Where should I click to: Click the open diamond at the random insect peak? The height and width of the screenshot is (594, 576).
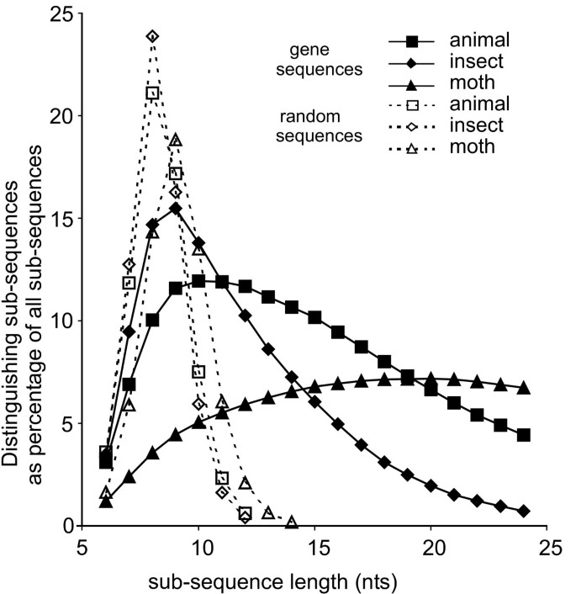coord(152,36)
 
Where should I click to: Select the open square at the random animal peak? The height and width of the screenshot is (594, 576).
coord(152,93)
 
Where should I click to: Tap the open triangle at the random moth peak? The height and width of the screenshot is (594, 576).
coord(176,140)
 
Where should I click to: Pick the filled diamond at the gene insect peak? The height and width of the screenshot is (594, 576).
coord(176,208)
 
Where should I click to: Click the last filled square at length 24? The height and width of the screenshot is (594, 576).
coord(524,435)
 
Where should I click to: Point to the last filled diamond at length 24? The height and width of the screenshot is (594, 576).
coord(524,511)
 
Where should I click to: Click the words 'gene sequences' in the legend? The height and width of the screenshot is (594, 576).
coord(330,61)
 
